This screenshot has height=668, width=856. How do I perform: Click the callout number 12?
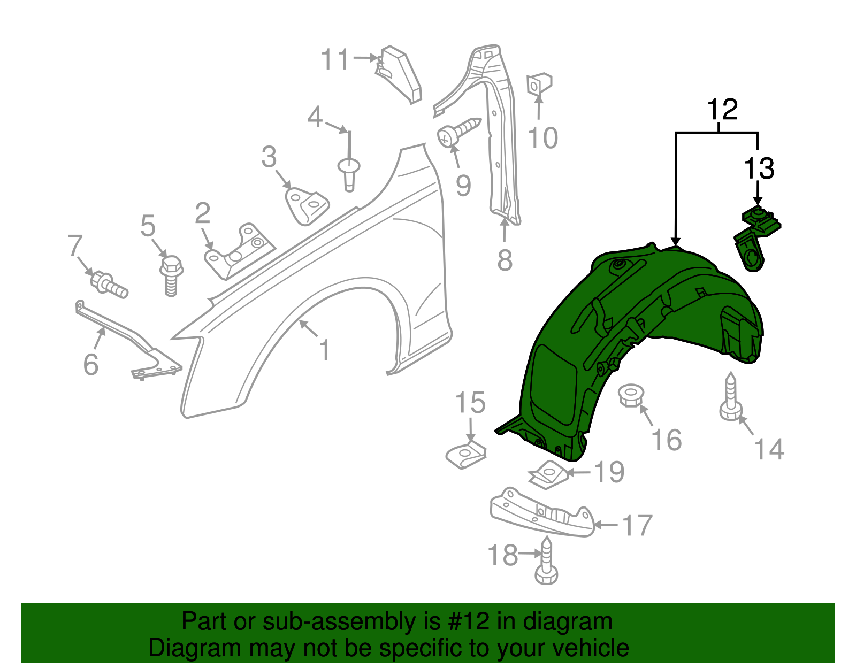pyautogui.click(x=722, y=110)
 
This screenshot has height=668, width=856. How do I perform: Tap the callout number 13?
pyautogui.click(x=759, y=168)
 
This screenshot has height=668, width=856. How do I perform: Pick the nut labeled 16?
pyautogui.click(x=631, y=395)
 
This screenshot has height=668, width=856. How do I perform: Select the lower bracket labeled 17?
pyautogui.click(x=542, y=512)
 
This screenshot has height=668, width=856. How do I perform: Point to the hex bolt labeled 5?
pyautogui.click(x=171, y=274)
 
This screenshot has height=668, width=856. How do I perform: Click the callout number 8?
pyautogui.click(x=505, y=260)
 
